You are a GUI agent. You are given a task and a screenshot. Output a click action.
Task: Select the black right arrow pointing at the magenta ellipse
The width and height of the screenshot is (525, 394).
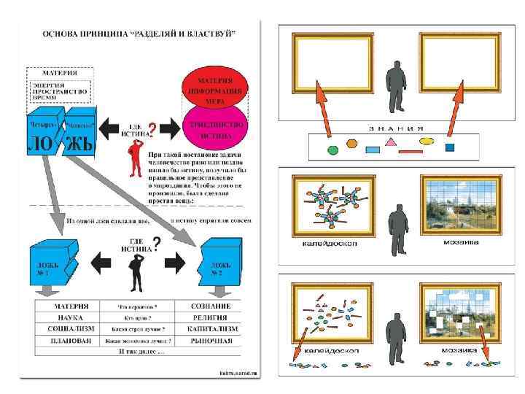point(168,129)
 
